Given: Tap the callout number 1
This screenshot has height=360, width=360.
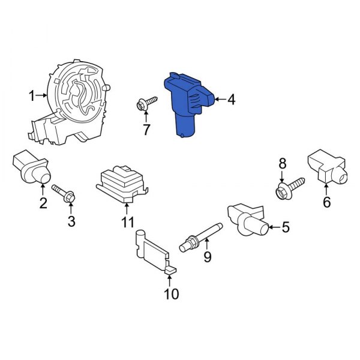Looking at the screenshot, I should click(x=31, y=95).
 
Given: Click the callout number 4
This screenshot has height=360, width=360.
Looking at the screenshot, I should click(x=231, y=99).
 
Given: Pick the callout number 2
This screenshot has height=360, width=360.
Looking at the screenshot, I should click(x=43, y=203).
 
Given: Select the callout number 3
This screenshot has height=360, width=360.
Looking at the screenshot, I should click(x=71, y=223).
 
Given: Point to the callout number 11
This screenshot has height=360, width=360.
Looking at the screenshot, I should click(x=127, y=223).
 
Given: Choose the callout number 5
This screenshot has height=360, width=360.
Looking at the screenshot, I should click(x=285, y=227).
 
